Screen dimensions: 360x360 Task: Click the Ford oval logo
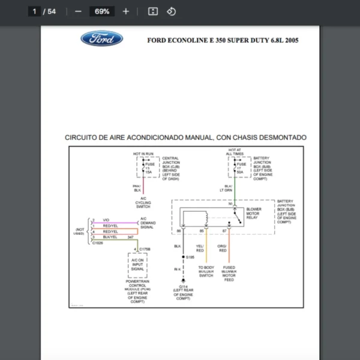101,40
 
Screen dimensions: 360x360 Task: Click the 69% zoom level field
102,11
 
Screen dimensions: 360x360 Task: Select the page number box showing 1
35,11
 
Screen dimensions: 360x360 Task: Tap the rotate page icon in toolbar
171,11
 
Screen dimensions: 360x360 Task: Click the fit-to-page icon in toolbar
153,11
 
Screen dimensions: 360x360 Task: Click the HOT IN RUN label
144,154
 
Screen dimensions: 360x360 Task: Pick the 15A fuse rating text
148,172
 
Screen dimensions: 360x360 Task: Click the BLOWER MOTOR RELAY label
254,213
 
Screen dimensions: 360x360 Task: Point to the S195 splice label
190,257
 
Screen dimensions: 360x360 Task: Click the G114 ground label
184,287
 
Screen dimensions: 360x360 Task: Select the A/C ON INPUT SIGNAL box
137,263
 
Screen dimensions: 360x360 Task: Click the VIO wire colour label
106,220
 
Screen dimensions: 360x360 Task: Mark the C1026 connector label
97,243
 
